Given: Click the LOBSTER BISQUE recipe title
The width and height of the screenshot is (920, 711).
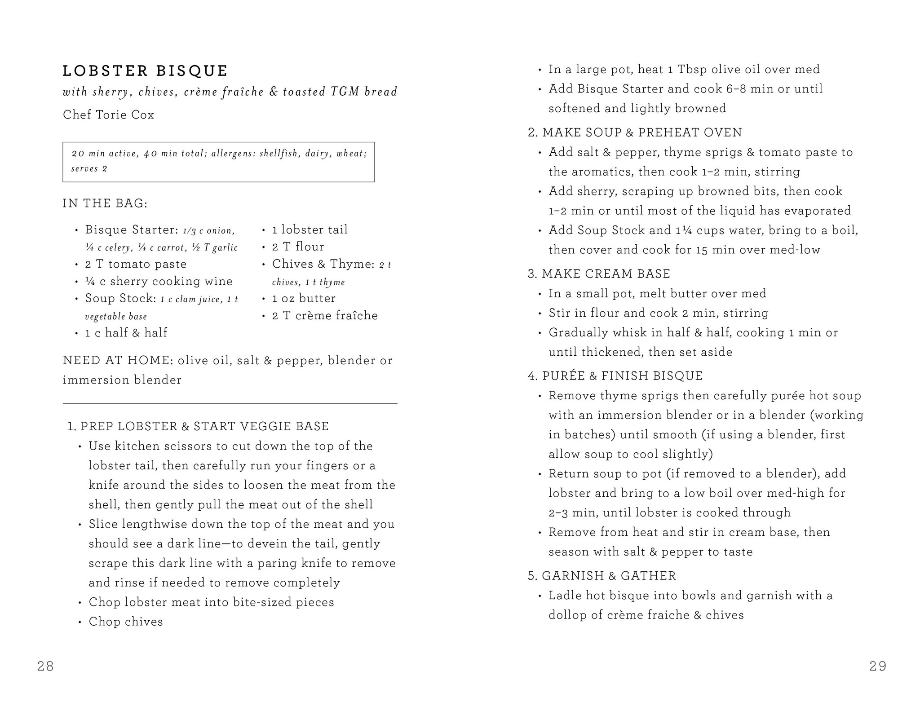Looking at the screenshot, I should click(145, 71).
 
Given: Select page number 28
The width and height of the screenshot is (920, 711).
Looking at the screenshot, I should click(46, 666).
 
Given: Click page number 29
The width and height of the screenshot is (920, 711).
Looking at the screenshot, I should click(878, 666).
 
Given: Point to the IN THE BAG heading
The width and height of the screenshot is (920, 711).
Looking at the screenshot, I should click(105, 203).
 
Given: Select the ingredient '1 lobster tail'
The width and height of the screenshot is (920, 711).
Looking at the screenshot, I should click(310, 230).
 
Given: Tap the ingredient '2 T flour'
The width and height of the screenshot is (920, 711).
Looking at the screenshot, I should click(298, 247).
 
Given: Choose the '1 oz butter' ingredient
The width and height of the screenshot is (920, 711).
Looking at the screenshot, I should click(304, 299).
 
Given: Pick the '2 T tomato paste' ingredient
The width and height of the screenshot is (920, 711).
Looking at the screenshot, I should click(136, 264).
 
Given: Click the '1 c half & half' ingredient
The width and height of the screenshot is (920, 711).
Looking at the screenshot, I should click(126, 333).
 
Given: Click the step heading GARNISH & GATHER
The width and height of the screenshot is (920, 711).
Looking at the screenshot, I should click(608, 576).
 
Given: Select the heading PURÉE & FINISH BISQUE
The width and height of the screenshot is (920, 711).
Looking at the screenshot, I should click(622, 376).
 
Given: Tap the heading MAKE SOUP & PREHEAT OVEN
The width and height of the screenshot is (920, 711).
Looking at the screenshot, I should click(642, 132).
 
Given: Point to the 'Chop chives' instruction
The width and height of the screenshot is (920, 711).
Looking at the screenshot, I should click(126, 622).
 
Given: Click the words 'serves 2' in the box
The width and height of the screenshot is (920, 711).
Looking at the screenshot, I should click(89, 169).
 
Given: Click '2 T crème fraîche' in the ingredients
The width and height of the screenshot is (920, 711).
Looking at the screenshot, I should click(325, 316).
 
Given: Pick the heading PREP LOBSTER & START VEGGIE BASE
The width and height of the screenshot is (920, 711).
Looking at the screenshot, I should click(204, 426).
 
